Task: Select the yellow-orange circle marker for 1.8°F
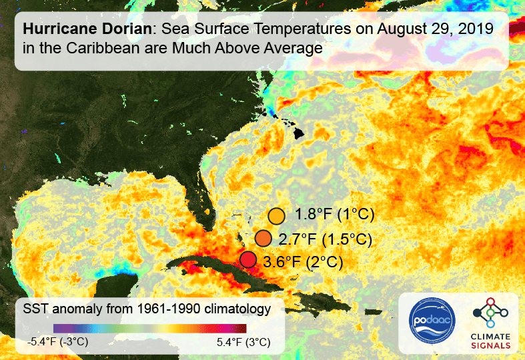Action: pyautogui.click(x=277, y=215)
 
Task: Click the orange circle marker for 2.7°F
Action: pyautogui.click(x=264, y=239)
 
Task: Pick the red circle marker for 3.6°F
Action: pyautogui.click(x=248, y=260)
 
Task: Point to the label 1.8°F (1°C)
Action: pyautogui.click(x=335, y=215)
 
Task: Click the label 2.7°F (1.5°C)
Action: pyautogui.click(x=325, y=239)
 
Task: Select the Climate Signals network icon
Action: pyautogui.click(x=491, y=312)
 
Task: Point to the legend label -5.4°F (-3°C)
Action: pyautogui.click(x=57, y=343)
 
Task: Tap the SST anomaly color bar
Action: pyautogui.click(x=150, y=328)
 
